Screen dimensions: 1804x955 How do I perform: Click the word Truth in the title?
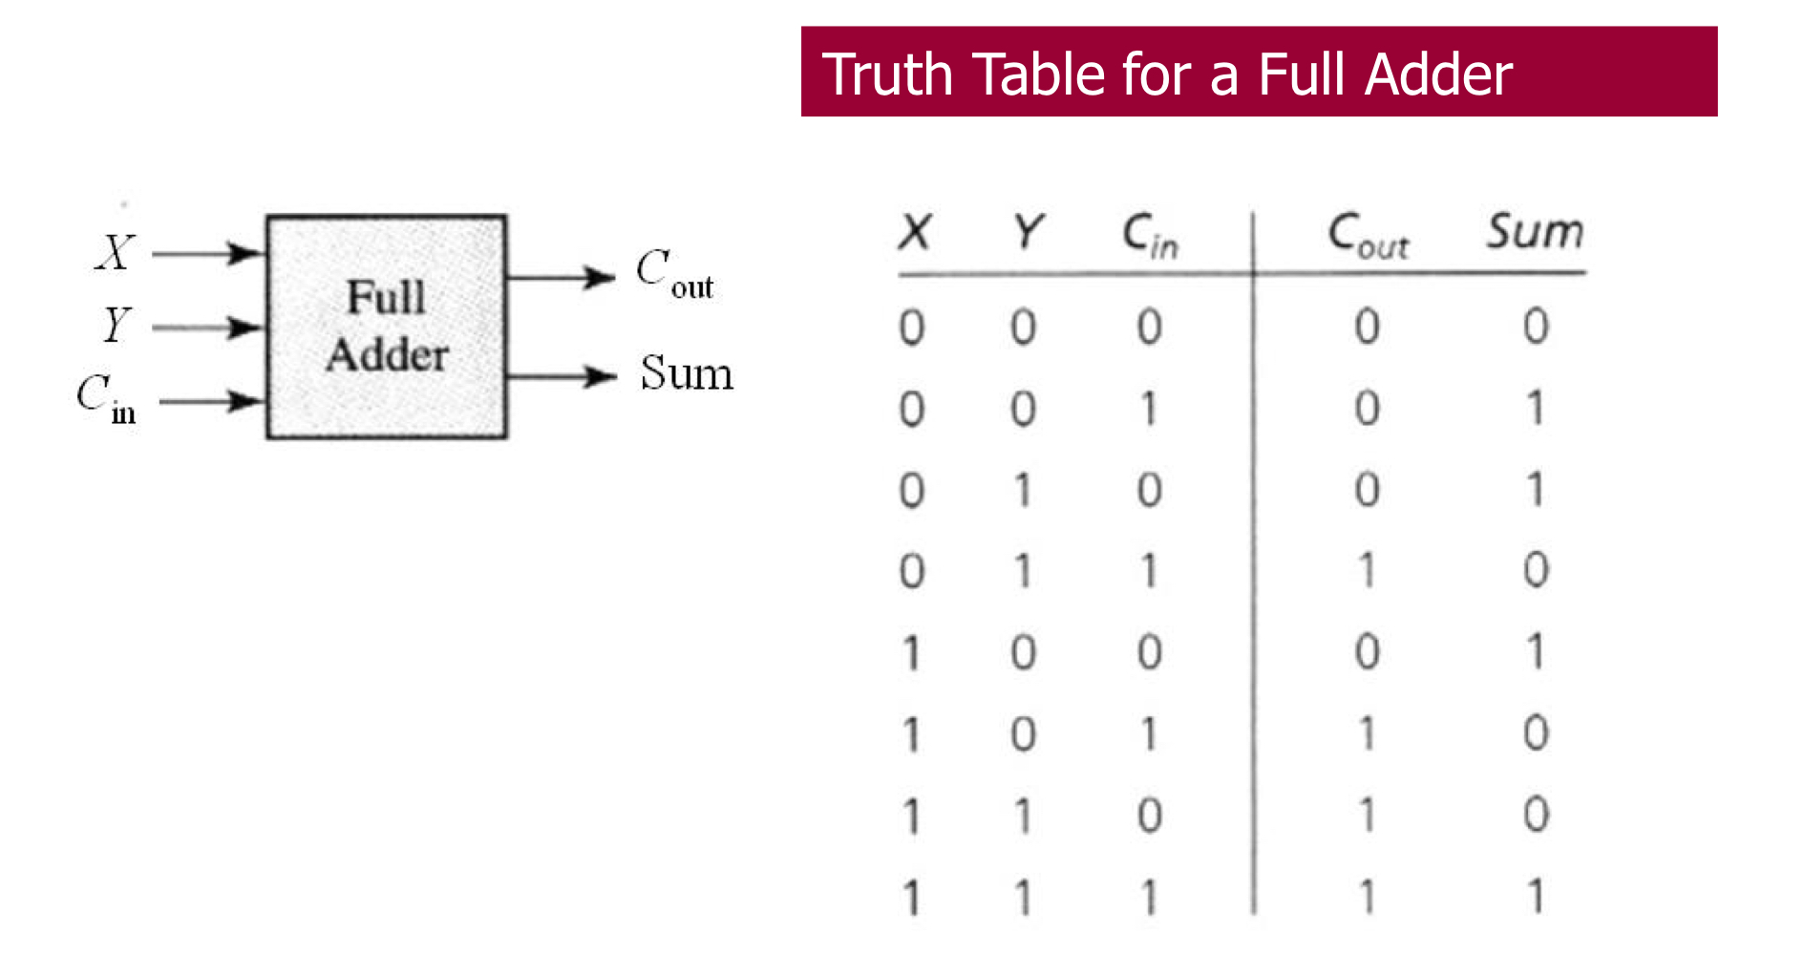tap(886, 74)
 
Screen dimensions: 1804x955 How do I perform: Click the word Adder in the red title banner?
tap(1438, 74)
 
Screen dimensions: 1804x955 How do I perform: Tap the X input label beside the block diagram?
tap(116, 253)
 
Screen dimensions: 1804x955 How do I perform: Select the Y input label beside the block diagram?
tap(116, 325)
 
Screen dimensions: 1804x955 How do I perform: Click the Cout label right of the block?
tap(674, 274)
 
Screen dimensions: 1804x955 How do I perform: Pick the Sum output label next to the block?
tap(687, 373)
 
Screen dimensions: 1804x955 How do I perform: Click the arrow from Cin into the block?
tap(211, 401)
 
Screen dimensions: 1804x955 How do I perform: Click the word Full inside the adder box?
tap(386, 297)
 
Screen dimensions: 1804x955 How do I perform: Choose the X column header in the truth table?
tap(915, 232)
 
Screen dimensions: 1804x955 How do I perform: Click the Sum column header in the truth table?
tap(1535, 232)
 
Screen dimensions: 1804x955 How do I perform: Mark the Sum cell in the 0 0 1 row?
tap(1535, 409)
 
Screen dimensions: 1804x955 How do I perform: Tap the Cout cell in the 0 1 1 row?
tap(1367, 571)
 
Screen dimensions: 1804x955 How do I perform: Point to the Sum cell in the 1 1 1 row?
tap(1535, 897)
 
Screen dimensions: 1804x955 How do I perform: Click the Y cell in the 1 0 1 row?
tap(1023, 734)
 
